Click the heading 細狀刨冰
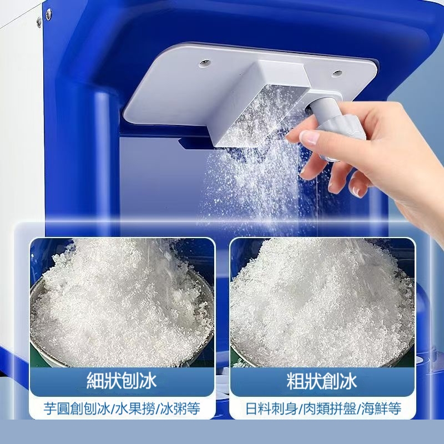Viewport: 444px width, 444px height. click(x=121, y=381)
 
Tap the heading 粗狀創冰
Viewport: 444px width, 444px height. click(x=322, y=381)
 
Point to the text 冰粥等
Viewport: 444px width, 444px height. click(x=180, y=408)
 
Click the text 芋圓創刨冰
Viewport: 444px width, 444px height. click(x=77, y=408)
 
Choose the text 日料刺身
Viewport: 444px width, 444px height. click(x=271, y=408)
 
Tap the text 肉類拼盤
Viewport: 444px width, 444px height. click(x=329, y=408)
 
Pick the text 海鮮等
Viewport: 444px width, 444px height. click(x=381, y=408)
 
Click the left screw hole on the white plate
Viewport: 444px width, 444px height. click(x=204, y=63)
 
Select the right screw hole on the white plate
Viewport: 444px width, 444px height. click(x=337, y=73)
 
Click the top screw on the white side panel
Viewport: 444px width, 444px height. click(x=49, y=13)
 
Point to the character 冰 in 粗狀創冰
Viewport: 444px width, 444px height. click(x=348, y=381)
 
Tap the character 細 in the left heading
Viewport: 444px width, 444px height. click(x=95, y=381)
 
